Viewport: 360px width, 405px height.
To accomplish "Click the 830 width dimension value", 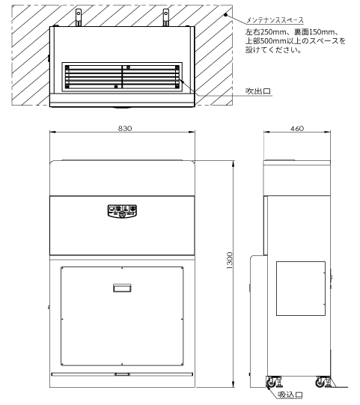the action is (125, 128).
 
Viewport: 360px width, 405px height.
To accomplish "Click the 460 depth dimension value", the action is (297, 128).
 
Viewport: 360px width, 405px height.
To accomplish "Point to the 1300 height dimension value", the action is (229, 261).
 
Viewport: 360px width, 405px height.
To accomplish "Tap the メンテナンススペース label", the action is (275, 20).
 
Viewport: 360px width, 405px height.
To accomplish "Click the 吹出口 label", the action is (258, 91).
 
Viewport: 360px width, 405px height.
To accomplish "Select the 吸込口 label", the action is (290, 395).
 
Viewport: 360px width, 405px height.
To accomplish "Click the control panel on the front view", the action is (122, 211).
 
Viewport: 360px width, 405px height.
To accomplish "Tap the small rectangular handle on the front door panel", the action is (122, 287).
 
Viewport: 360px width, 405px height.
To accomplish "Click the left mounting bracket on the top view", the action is (79, 17).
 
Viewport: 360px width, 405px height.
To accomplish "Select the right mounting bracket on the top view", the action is (166, 17).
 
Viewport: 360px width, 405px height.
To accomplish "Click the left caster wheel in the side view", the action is (271, 382).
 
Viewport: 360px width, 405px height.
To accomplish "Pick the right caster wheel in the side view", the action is (320, 382).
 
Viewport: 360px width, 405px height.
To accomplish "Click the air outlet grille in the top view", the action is (122, 76).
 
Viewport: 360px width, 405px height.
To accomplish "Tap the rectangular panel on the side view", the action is (301, 288).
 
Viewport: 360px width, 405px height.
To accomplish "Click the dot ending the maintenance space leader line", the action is (225, 15).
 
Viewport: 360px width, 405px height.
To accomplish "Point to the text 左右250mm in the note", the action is (266, 32).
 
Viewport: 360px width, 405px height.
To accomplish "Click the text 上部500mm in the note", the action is (266, 41).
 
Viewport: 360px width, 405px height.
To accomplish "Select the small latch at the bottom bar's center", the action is (122, 374).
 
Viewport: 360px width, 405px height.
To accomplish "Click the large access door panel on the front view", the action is (122, 316).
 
